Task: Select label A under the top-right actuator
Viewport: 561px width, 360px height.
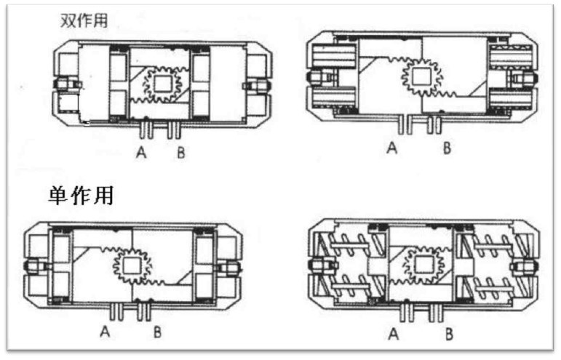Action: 393,148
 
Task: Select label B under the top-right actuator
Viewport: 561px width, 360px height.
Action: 447,148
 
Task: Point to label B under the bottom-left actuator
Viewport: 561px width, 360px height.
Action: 157,333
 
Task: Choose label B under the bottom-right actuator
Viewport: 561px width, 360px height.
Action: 450,334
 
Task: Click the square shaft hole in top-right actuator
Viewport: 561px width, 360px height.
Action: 420,76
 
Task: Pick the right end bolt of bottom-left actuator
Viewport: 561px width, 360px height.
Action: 231,267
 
